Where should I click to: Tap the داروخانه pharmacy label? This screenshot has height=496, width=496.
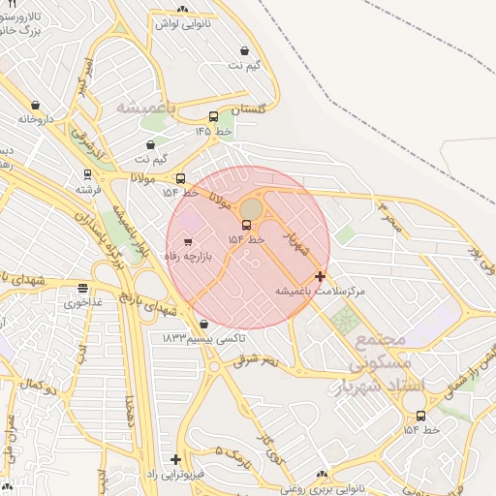[37, 119]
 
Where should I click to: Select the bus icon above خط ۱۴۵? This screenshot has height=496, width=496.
[213, 117]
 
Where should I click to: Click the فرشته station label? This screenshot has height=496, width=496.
[88, 190]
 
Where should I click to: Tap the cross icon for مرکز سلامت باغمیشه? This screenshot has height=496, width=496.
[321, 276]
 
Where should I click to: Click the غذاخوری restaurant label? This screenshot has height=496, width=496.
[83, 303]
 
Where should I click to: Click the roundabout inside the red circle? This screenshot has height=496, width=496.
[251, 210]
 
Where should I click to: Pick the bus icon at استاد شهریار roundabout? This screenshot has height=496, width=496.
[409, 416]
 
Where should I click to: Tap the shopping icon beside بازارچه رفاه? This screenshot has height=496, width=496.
[188, 241]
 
